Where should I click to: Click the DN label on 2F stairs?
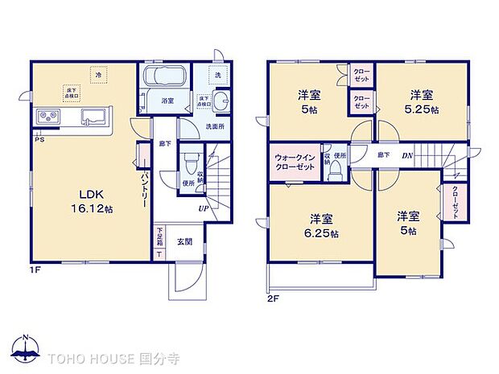coord(408,154)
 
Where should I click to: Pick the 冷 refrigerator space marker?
coord(97,75)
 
